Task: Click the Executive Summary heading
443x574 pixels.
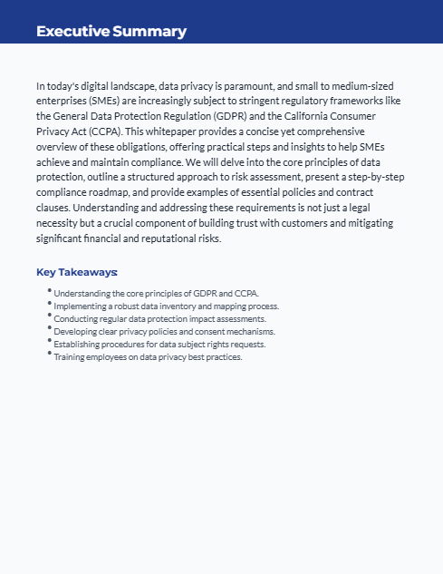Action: click(x=111, y=32)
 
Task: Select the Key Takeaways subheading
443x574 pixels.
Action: click(x=77, y=272)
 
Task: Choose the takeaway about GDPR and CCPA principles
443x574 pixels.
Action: click(x=156, y=294)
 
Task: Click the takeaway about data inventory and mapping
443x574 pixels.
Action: click(x=166, y=306)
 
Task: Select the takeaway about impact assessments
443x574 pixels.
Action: click(x=159, y=319)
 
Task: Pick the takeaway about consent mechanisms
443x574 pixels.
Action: click(x=164, y=332)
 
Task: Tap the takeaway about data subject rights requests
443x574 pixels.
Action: click(x=159, y=345)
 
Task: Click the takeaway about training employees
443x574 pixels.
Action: click(x=148, y=357)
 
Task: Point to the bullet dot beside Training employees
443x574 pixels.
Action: click(x=49, y=355)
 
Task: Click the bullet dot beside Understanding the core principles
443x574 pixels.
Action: click(x=49, y=291)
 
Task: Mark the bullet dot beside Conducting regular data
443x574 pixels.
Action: click(x=49, y=316)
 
